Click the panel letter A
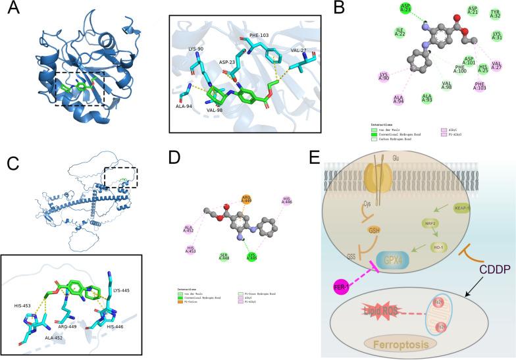11,10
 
